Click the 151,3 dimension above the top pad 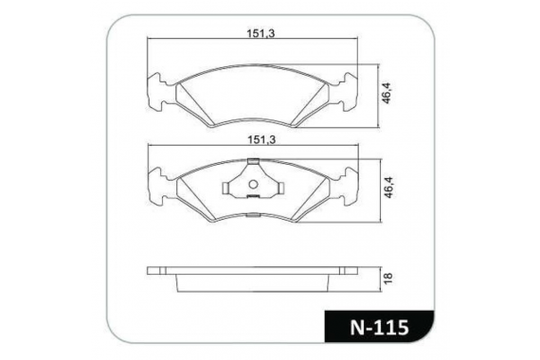pos(261,33)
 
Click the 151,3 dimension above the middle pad pos(261,139)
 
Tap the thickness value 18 pos(387,277)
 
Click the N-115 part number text pos(380,327)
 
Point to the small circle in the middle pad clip pos(253,185)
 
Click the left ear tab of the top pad pos(156,92)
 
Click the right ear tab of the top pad pos(349,92)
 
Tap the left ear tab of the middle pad pos(157,187)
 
